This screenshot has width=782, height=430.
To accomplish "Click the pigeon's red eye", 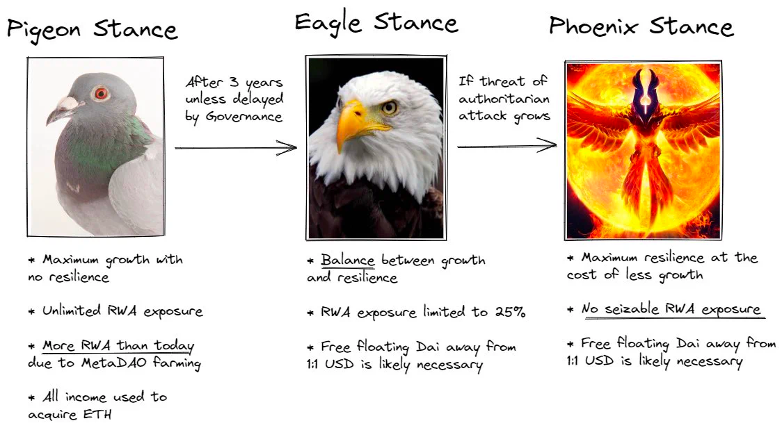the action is pyautogui.click(x=101, y=93).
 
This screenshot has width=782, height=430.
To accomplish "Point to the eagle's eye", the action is pyautogui.click(x=388, y=107).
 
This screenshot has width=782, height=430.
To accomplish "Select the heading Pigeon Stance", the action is pyautogui.click(x=93, y=29).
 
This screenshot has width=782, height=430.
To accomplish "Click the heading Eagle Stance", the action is pyautogui.click(x=376, y=24).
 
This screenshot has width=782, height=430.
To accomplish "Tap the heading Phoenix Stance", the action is pyautogui.click(x=641, y=26).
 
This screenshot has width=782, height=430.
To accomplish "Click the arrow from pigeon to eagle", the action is pyautogui.click(x=236, y=148).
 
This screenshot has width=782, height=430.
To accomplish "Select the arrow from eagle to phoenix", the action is pyautogui.click(x=506, y=146).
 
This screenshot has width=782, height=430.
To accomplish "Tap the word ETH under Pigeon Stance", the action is pyautogui.click(x=97, y=414).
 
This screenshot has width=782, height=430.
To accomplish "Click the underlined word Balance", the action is pyautogui.click(x=348, y=261).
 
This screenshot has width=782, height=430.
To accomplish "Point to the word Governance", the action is pyautogui.click(x=244, y=117).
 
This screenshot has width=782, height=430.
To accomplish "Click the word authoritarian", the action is pyautogui.click(x=504, y=99).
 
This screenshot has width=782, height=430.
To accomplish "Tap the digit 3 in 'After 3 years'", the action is pyautogui.click(x=233, y=82).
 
